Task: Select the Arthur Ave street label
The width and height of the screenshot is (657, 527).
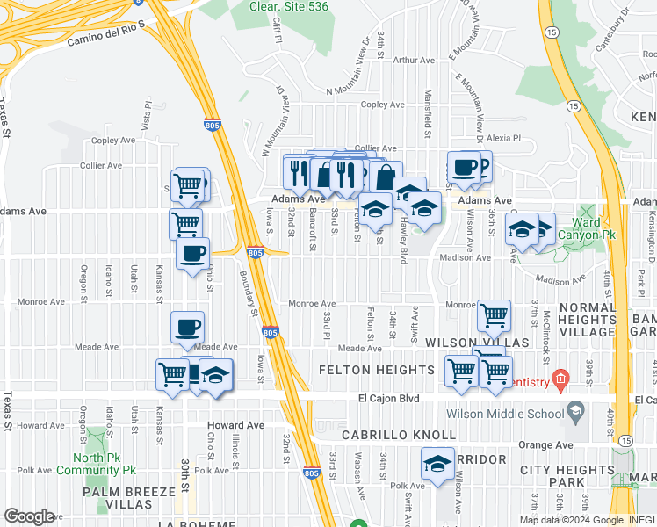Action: click(415, 60)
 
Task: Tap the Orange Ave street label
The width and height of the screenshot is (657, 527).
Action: click(545, 444)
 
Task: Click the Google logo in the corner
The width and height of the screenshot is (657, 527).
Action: click(29, 516)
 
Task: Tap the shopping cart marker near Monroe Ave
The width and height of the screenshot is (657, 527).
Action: click(494, 314)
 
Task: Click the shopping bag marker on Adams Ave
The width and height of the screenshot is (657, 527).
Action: click(385, 176)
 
